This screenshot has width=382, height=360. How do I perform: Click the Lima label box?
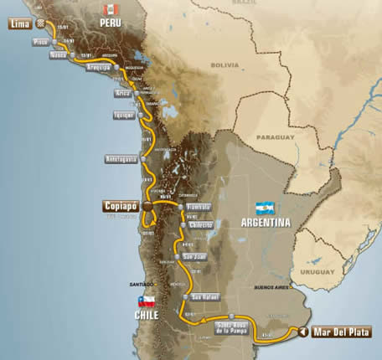point(18,24)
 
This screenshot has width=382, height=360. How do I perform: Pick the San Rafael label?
point(205,296)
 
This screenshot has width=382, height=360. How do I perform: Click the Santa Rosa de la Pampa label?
point(232,326)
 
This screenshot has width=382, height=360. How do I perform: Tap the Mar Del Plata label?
point(340,332)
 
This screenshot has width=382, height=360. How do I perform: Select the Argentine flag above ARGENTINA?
point(266,208)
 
